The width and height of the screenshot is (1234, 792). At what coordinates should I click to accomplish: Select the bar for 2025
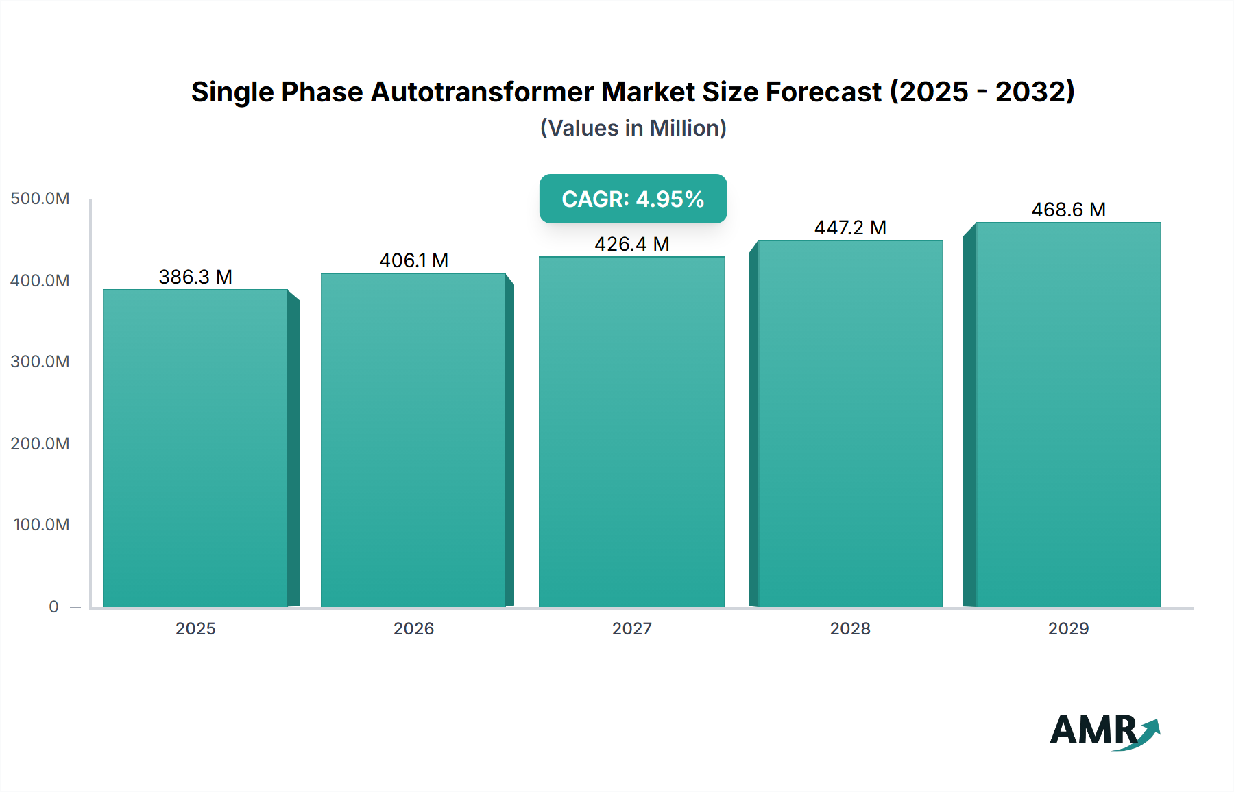tap(195, 449)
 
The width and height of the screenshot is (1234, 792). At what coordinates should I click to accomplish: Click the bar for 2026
tap(413, 441)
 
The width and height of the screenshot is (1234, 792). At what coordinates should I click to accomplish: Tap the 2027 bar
tap(631, 432)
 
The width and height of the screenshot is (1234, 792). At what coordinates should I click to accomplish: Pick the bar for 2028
tap(850, 423)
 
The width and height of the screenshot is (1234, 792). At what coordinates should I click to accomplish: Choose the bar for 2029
tap(1068, 415)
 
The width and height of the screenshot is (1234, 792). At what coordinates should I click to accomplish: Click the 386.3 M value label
tap(195, 277)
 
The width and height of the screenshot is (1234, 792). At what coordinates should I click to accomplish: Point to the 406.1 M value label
tap(413, 260)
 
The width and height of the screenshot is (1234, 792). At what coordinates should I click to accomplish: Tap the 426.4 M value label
tap(631, 244)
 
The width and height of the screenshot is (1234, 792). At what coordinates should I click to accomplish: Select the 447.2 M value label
tap(850, 227)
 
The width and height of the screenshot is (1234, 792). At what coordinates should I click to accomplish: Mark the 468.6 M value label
tap(1068, 210)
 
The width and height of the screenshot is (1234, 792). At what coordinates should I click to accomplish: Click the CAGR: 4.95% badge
tap(633, 199)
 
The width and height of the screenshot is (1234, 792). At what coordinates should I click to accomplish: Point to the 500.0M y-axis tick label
tap(40, 199)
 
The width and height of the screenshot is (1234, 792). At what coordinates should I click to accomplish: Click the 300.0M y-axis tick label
tap(40, 362)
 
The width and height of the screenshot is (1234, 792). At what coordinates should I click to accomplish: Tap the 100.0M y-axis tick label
tap(41, 525)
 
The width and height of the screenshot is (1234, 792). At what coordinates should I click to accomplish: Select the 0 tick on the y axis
tap(53, 607)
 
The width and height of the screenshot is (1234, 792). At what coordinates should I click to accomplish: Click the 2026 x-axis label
tap(413, 629)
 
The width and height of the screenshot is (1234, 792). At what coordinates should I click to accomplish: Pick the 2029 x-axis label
tap(1068, 629)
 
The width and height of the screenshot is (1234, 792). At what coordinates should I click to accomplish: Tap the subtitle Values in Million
tap(633, 128)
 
